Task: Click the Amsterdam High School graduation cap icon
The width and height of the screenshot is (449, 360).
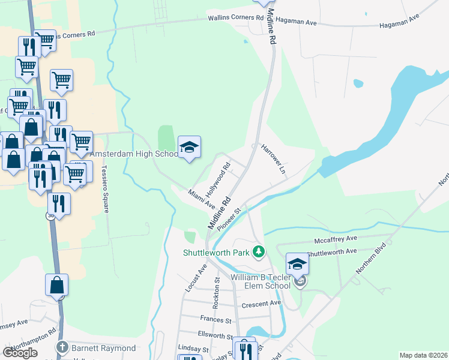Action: click(189, 148)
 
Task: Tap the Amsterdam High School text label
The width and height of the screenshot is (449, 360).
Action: click(134, 154)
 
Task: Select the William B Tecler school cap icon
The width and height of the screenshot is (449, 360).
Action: click(297, 263)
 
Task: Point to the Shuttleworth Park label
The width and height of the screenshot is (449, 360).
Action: click(216, 253)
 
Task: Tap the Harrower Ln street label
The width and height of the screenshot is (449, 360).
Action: click(274, 158)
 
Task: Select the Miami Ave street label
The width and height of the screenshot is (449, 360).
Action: click(201, 199)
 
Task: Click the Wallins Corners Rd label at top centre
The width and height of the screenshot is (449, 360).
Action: click(236, 18)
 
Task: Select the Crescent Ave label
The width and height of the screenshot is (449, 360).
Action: click(261, 304)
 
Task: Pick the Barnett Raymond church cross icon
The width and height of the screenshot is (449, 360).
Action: click(61, 347)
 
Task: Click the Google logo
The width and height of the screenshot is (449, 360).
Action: click(20, 353)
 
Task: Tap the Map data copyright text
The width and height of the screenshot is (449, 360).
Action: click(420, 355)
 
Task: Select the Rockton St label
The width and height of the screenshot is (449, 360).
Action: click(216, 297)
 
